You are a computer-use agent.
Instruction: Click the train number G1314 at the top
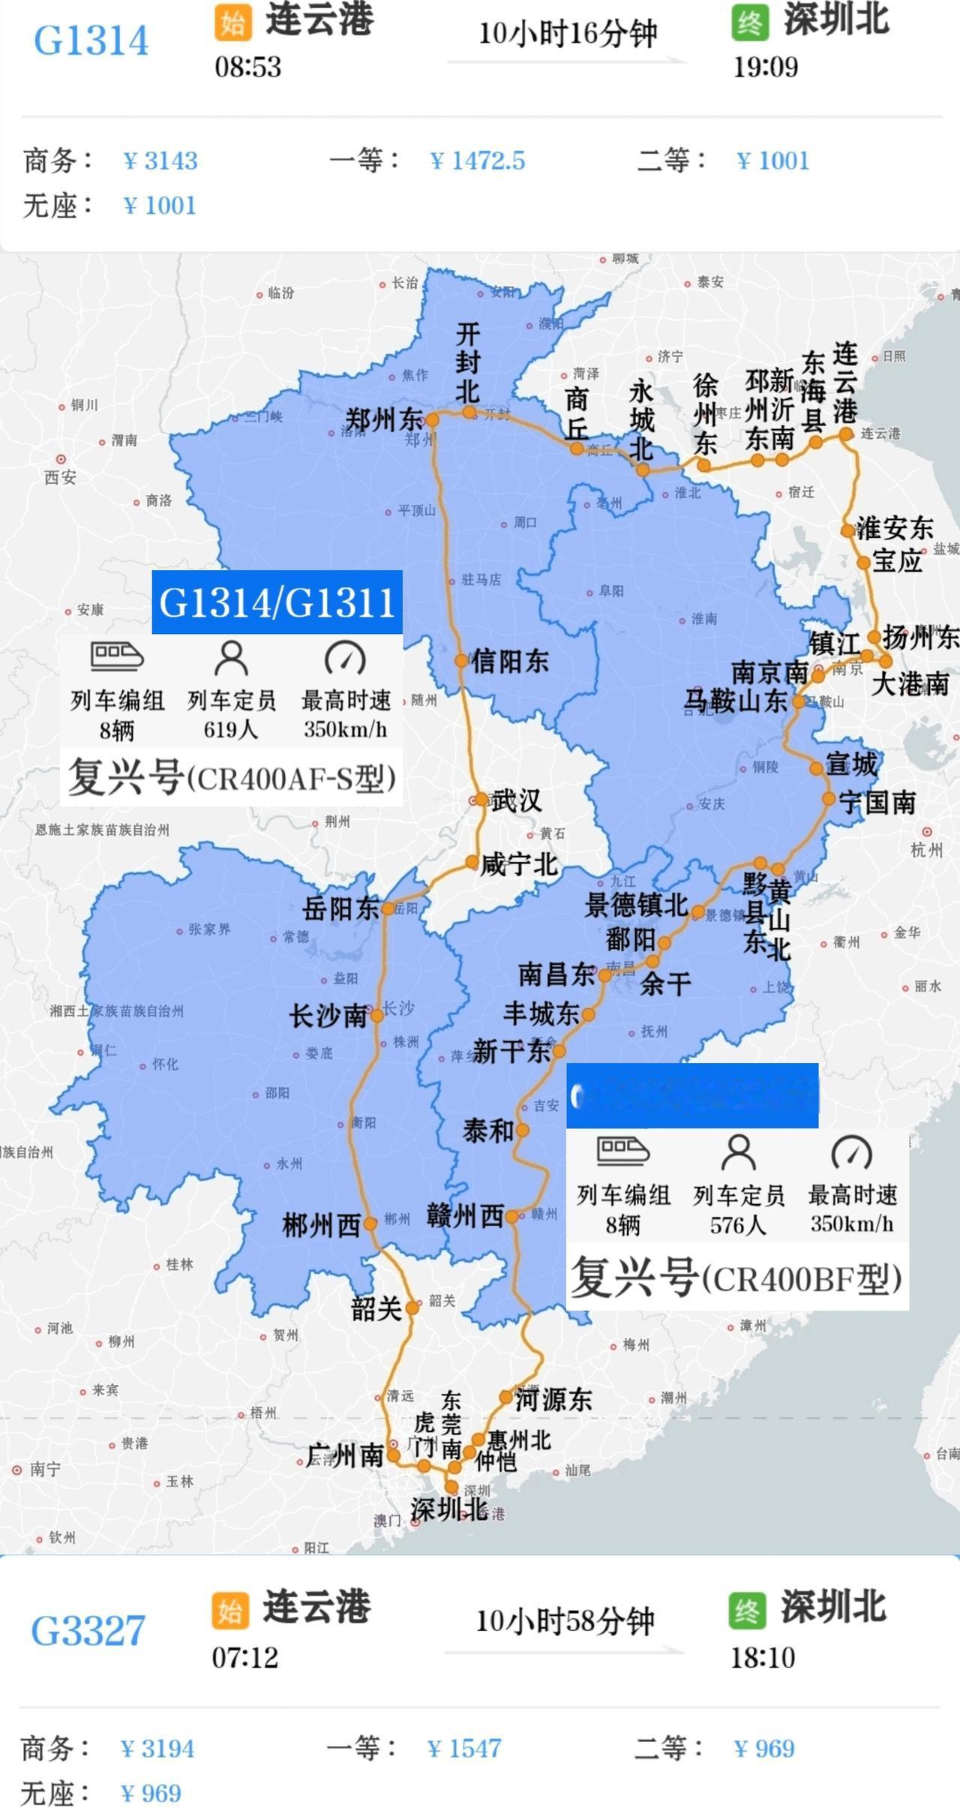click(x=91, y=41)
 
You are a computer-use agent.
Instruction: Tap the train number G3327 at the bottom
click(x=88, y=1631)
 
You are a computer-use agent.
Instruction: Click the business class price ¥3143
click(x=161, y=161)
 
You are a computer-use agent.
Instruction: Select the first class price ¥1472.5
click(x=478, y=161)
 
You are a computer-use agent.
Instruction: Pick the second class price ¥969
click(x=763, y=1748)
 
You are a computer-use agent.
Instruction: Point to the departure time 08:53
click(x=248, y=67)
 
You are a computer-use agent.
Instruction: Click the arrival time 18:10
click(x=763, y=1657)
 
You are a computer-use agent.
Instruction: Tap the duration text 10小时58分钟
click(x=565, y=1621)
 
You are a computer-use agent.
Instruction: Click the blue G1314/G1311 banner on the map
click(x=277, y=602)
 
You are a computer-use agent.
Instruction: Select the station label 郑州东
click(x=383, y=419)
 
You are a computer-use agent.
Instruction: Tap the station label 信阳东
click(x=510, y=661)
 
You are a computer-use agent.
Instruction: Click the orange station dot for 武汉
click(x=479, y=800)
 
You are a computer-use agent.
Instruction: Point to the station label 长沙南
click(x=328, y=1017)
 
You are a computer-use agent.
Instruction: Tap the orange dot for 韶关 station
click(x=412, y=1308)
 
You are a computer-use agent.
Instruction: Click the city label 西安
click(x=60, y=476)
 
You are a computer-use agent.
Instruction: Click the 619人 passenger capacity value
click(x=231, y=729)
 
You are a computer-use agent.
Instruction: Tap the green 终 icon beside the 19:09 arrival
click(x=750, y=23)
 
